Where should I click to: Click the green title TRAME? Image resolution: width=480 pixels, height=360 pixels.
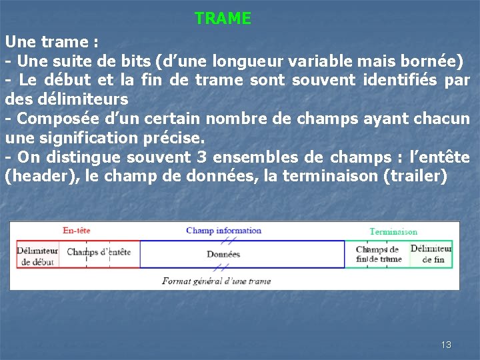click(223, 19)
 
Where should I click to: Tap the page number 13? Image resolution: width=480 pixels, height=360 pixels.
click(446, 345)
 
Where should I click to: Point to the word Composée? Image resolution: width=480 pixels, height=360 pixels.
click(49, 119)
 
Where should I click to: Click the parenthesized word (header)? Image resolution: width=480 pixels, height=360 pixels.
click(34, 177)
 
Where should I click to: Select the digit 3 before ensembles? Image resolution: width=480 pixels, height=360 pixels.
click(201, 157)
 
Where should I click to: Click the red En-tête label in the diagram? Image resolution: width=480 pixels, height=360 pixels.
click(76, 231)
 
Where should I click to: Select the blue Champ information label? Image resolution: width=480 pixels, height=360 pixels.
click(223, 231)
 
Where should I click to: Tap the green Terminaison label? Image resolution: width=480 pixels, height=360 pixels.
click(393, 232)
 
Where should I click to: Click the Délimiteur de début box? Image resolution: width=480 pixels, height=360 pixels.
click(37, 255)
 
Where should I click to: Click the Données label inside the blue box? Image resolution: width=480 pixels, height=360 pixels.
click(223, 254)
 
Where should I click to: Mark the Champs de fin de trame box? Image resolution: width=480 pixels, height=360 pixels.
click(377, 255)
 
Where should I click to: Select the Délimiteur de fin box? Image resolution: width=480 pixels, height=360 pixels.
click(431, 254)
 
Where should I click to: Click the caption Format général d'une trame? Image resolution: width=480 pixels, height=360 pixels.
click(217, 281)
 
